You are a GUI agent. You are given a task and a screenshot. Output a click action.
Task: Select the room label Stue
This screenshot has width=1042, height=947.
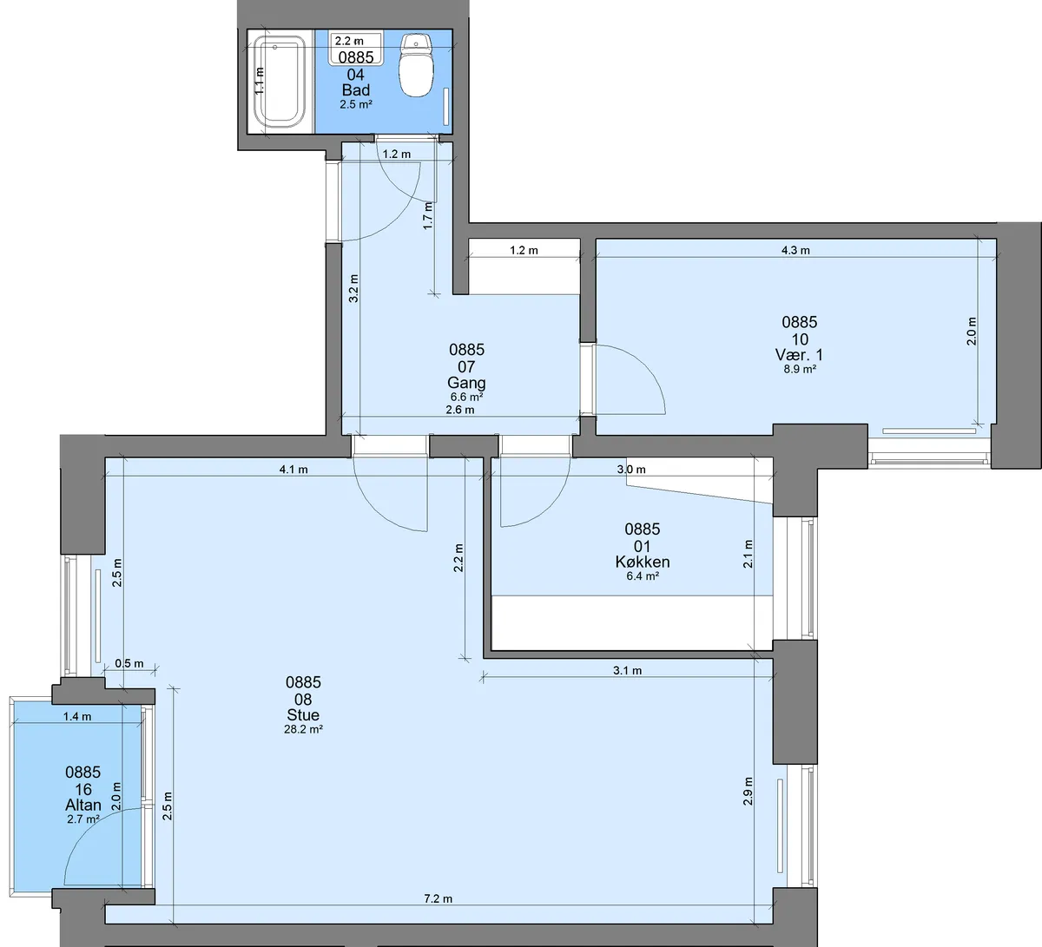(303, 714)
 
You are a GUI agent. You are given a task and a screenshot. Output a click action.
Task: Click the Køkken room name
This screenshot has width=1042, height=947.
(643, 562)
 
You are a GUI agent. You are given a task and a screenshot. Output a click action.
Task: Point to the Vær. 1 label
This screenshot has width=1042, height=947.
(800, 355)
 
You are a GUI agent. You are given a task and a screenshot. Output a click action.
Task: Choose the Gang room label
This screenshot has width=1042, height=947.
(466, 383)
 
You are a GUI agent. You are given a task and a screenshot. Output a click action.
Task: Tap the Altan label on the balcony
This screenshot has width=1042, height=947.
(83, 806)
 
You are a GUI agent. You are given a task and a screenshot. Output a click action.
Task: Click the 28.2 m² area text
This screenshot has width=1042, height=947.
(303, 729)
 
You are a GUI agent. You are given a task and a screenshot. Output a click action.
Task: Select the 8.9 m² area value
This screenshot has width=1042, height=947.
(800, 370)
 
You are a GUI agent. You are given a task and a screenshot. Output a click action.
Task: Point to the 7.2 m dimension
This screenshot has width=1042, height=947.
(438, 898)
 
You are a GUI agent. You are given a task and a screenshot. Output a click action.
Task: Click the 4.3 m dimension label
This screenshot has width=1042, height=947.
(795, 250)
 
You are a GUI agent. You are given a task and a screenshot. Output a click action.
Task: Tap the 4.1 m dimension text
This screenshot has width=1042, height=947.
(293, 470)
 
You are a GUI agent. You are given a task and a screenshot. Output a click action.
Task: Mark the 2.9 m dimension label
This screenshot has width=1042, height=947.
(748, 791)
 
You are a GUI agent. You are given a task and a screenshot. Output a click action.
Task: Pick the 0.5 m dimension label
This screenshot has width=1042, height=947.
(129, 663)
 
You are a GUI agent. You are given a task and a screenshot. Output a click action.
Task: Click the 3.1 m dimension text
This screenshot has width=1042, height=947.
(627, 671)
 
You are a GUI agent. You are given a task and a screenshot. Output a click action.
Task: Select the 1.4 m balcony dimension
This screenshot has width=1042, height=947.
(77, 717)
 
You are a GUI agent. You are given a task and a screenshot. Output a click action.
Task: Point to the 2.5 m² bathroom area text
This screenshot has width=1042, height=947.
(356, 104)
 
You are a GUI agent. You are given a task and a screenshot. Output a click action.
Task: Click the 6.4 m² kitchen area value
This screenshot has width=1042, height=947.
(643, 576)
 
